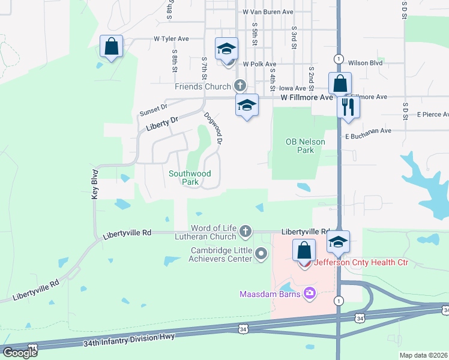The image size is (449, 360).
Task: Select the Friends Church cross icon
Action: coord(240,86)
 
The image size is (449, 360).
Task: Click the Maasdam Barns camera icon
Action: coord(309,293)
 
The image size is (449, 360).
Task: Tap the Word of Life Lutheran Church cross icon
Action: coord(245,231)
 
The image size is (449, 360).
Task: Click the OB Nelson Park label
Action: coord(306,146)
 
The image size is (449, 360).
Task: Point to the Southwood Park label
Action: coord(190,177)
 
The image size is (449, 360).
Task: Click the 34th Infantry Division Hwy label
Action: coord(130,340)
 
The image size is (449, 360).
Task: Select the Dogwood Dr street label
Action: coord(213,128)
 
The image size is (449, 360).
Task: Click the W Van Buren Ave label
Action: coord(268,11)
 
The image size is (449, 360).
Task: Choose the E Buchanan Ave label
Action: coord(368,130)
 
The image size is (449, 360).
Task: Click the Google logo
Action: coord(20,352)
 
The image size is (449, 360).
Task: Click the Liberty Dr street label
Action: coord(162,124)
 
